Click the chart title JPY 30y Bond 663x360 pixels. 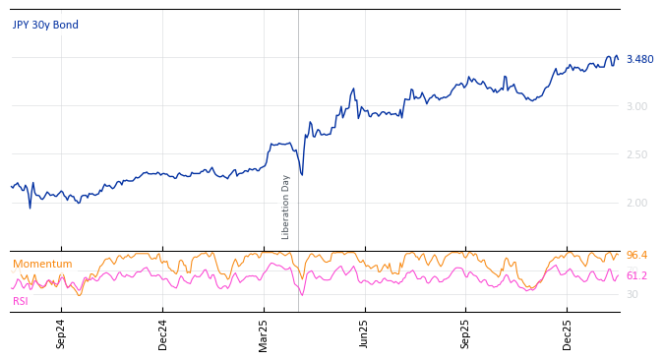45,26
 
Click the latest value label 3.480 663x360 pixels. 639,60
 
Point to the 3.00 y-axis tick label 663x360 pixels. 636,106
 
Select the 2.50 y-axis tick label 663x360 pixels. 636,154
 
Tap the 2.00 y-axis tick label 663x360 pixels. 636,203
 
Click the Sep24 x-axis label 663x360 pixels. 61,334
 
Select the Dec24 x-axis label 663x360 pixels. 163,334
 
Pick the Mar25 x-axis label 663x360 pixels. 264,334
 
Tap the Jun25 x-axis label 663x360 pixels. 364,334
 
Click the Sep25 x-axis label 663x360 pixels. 465,334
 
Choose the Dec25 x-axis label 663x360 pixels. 567,334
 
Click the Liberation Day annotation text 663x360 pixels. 286,207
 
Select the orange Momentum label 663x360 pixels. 42,265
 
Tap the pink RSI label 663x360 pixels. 21,301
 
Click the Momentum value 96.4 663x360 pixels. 636,256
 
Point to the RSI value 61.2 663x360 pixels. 636,276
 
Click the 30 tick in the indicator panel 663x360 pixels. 633,294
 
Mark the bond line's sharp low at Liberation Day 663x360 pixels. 302,175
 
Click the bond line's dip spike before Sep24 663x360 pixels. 30,208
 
